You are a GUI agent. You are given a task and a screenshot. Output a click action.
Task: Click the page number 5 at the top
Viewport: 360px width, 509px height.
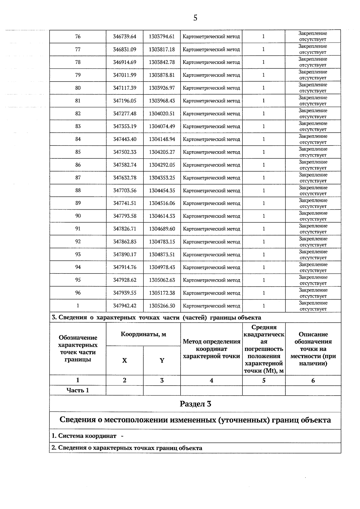click(x=195, y=18)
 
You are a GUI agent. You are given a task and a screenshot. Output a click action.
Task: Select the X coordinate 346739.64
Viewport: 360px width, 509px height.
click(x=124, y=37)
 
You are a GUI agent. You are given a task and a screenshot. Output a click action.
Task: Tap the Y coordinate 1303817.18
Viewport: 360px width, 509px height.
click(x=162, y=49)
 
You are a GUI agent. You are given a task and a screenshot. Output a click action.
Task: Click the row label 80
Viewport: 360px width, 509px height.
click(x=78, y=88)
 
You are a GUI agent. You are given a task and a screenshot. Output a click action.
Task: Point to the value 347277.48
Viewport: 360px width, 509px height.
click(x=125, y=114)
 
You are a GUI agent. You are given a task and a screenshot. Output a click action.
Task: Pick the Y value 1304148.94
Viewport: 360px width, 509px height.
click(x=162, y=139)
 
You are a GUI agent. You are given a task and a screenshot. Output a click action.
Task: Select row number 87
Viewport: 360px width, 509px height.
click(x=78, y=178)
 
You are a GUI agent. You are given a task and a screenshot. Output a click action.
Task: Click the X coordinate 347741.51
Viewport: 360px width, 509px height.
click(x=125, y=203)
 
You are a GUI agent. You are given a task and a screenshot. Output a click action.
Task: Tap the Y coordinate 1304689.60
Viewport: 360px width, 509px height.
click(x=162, y=229)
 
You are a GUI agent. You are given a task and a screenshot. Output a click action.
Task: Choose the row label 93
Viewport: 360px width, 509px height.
click(x=78, y=254)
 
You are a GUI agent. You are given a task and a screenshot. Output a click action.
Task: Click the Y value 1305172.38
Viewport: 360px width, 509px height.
click(x=162, y=293)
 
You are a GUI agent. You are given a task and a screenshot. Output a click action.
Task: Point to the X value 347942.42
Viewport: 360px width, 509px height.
click(x=125, y=306)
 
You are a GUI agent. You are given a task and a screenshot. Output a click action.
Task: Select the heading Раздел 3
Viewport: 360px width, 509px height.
click(x=195, y=404)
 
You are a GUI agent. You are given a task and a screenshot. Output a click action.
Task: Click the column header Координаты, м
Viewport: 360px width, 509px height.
click(x=143, y=334)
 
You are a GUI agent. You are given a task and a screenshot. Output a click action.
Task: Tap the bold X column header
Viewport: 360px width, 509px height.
click(x=124, y=361)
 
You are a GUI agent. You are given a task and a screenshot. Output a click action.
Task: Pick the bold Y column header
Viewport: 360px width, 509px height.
click(x=162, y=361)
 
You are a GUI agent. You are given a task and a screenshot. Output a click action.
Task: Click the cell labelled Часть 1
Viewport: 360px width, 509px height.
click(x=78, y=390)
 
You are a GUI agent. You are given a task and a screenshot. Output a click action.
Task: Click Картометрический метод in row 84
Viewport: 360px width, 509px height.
click(x=211, y=139)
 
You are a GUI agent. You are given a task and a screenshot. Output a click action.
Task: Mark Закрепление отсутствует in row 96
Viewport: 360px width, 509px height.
click(x=313, y=293)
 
